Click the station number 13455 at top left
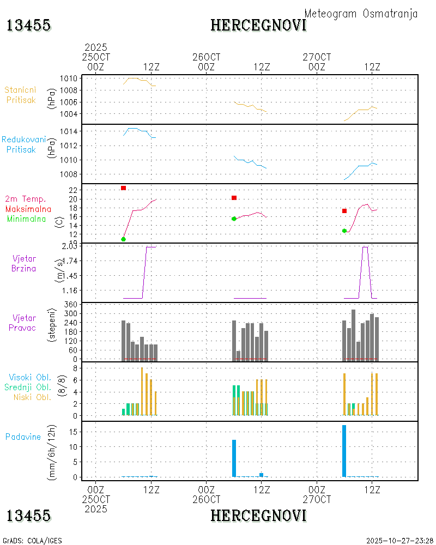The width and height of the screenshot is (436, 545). tap(28, 25)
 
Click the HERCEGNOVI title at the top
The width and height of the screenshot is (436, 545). tap(258, 25)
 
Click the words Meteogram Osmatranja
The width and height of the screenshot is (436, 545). tap(361, 14)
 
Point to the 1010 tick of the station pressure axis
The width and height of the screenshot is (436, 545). tap(68, 78)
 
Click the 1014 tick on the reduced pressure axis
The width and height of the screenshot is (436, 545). tap(68, 132)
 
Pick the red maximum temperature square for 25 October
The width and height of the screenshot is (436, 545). tap(124, 188)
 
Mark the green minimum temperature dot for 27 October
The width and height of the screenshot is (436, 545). tap(344, 231)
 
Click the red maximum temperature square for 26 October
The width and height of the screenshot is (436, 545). tap(234, 198)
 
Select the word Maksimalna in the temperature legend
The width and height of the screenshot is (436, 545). tap(28, 209)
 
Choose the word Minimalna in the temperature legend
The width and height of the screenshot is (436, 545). tap(26, 219)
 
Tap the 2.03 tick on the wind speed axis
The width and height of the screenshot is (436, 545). tap(69, 246)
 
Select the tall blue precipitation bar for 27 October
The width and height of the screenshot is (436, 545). tap(344, 451)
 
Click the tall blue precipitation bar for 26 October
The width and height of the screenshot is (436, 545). tap(234, 458)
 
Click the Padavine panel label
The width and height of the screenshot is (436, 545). tap(23, 437)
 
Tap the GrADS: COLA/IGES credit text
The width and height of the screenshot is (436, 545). tap(32, 541)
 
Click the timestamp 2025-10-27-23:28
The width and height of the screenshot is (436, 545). tap(399, 541)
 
